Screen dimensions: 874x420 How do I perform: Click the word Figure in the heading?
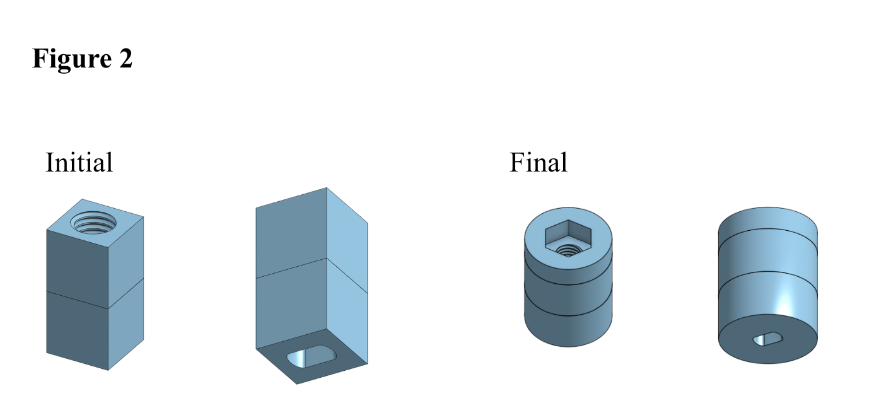[x=72, y=59]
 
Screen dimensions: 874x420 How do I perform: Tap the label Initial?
[x=79, y=162]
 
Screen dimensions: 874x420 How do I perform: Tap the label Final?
[x=538, y=162]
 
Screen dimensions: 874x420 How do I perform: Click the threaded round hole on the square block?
[x=93, y=223]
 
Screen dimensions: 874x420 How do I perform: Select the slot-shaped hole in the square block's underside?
[x=312, y=356]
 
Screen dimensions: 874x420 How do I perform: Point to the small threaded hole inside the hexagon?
[x=568, y=250]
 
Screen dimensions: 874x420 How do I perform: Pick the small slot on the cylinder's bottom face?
[x=767, y=339]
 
